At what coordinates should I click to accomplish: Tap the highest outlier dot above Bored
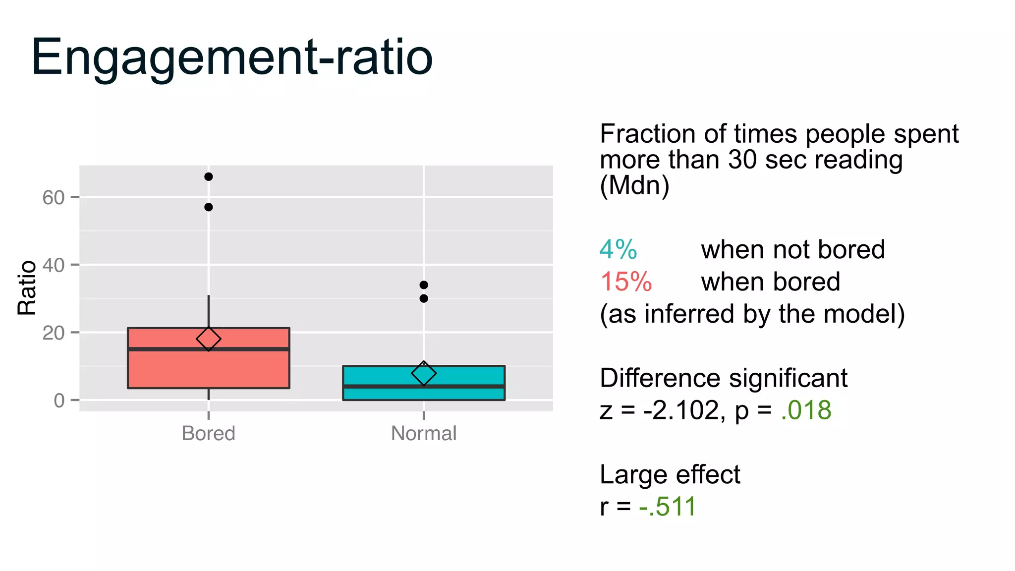click(x=209, y=177)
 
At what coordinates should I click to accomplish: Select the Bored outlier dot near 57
click(x=209, y=207)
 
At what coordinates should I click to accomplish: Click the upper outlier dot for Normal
click(x=424, y=285)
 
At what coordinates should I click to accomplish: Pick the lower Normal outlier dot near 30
click(x=424, y=298)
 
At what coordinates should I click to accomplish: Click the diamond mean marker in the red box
click(x=209, y=339)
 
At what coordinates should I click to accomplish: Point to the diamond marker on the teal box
click(x=424, y=373)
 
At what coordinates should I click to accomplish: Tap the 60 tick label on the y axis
click(x=53, y=198)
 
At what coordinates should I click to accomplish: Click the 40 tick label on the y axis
click(x=53, y=266)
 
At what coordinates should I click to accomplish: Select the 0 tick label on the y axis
click(x=59, y=400)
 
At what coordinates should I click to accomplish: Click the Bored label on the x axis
click(x=208, y=434)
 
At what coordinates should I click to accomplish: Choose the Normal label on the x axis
click(x=424, y=434)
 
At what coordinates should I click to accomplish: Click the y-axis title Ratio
click(x=27, y=287)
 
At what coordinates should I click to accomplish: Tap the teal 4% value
click(x=618, y=249)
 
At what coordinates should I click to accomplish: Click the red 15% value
click(x=626, y=282)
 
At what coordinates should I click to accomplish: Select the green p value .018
click(x=806, y=410)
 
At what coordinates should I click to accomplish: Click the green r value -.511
click(x=668, y=507)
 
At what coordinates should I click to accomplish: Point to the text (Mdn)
click(x=634, y=185)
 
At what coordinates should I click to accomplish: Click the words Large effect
click(x=670, y=474)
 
